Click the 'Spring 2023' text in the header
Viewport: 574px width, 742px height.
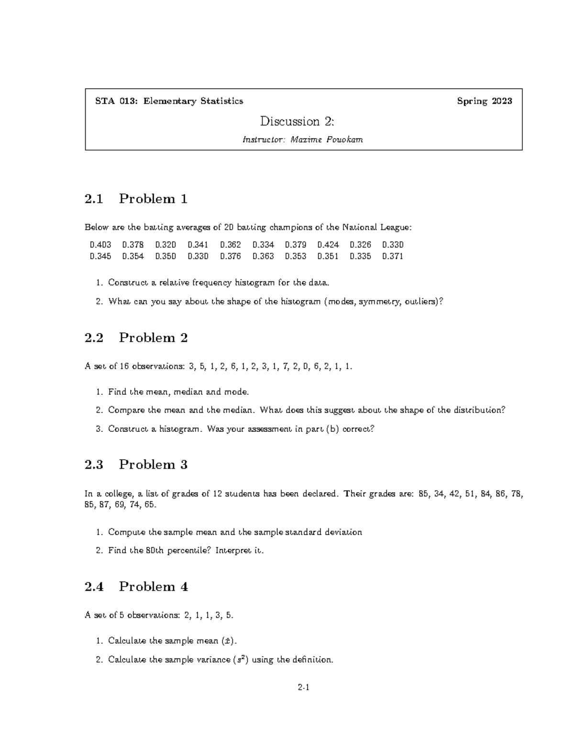[484, 101]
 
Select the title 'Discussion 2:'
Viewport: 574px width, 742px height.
[297, 121]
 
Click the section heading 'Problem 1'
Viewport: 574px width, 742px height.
[153, 199]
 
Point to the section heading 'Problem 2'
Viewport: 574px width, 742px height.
[153, 338]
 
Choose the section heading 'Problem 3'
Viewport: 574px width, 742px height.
[153, 464]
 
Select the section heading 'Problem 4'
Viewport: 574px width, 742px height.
[153, 586]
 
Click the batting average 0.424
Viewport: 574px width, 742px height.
[328, 245]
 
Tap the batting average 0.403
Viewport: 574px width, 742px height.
[100, 245]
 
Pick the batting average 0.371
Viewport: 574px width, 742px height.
[393, 256]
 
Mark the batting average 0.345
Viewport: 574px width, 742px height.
[100, 256]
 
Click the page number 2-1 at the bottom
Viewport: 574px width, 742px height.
[304, 688]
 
